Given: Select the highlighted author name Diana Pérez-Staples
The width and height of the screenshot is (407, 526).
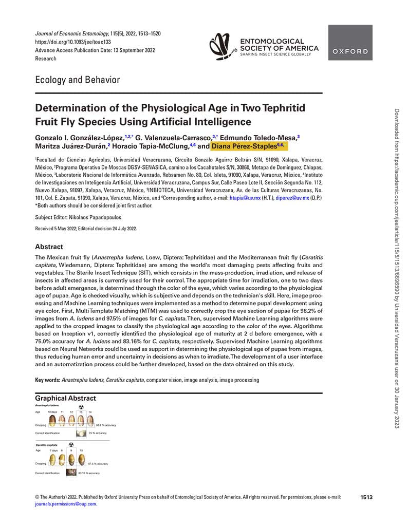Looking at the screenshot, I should [x=251, y=146].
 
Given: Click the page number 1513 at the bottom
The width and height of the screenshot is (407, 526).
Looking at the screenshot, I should [x=366, y=497].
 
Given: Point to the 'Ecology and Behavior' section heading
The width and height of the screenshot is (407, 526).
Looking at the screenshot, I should [x=77, y=80].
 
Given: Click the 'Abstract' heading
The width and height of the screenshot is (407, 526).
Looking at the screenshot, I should [x=49, y=247].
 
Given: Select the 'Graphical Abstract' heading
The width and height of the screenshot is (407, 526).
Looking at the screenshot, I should [x=65, y=398].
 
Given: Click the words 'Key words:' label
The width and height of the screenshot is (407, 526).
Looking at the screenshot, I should [x=47, y=380].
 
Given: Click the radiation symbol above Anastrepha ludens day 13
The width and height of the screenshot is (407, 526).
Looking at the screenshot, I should [x=81, y=407].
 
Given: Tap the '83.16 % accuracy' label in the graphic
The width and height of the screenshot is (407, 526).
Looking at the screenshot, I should [x=89, y=473].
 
